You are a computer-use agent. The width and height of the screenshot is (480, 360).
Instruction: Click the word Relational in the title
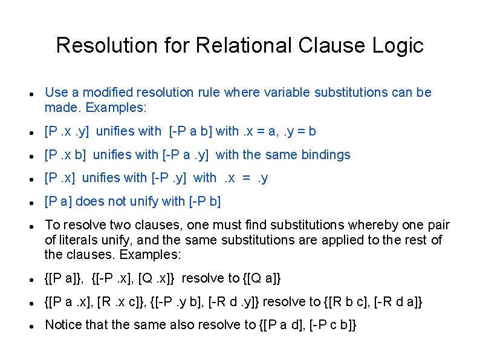[244, 45]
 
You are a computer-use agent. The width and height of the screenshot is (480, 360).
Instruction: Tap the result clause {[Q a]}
[262, 278]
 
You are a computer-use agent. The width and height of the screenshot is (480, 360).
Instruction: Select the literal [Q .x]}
[158, 278]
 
